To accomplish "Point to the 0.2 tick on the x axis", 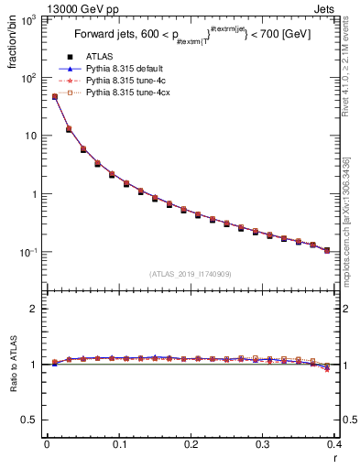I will tap(191, 445).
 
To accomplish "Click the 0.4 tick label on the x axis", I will tap(334, 445).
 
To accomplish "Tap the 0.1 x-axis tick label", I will tap(118, 445).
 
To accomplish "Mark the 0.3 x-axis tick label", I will tap(262, 445).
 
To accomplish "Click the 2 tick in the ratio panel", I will tap(36, 309).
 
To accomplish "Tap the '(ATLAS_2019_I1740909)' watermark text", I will tap(190, 273).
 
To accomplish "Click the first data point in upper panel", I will tap(54, 96).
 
